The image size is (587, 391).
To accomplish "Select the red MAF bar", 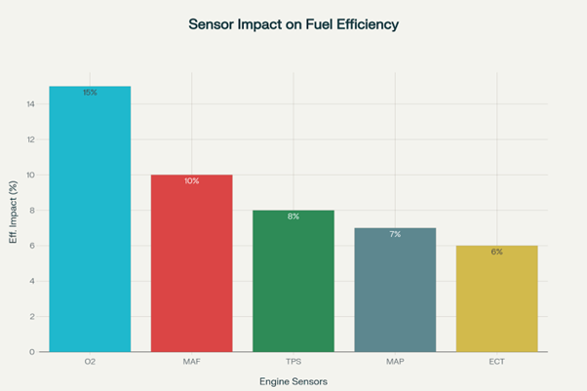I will [191, 263].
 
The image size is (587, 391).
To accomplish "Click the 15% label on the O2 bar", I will [90, 93].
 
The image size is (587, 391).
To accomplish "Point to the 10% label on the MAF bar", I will [191, 181].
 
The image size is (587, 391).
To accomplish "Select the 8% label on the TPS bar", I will [293, 216].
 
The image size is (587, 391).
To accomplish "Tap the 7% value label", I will [394, 234].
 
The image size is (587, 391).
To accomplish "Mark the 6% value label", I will [496, 252].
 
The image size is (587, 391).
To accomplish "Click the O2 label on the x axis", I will [90, 363].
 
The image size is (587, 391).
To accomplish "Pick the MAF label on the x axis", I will [191, 363].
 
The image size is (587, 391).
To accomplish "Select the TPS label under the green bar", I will [293, 363].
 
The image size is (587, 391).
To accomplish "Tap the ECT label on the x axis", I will [496, 363].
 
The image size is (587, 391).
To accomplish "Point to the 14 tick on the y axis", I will [31, 104].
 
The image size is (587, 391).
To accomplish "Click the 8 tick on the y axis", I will [33, 211].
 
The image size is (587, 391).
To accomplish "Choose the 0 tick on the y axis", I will [33, 352].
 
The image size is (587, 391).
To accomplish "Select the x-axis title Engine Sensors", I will [293, 381].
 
